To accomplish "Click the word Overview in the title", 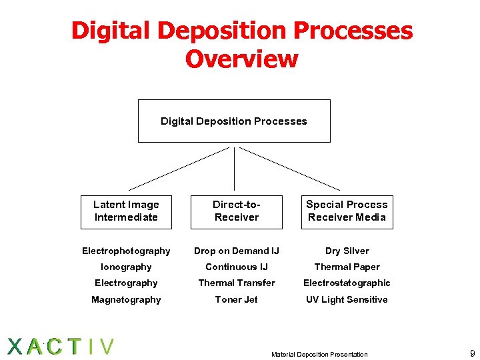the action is [241, 59].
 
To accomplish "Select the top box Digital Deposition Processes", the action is [234, 121].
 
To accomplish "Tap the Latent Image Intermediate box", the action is [126, 211].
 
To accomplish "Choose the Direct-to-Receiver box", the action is [236, 211].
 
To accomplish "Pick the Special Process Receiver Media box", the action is [347, 211].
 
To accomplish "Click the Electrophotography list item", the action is [126, 251].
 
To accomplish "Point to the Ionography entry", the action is [126, 267].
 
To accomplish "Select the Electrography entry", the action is [126, 283].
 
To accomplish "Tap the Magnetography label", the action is [126, 299].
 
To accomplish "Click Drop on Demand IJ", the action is [236, 251].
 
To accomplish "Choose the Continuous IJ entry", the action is [236, 267].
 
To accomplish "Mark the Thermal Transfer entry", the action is [236, 283].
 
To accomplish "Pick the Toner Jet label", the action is [236, 299].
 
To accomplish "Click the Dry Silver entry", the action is [347, 251].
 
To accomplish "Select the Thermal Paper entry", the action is [347, 267].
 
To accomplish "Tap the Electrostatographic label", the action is [347, 283].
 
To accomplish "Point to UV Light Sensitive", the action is [347, 299].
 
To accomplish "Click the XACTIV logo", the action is [61, 347].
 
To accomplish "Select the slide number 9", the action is [472, 353].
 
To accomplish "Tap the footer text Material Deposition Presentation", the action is [319, 354].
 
